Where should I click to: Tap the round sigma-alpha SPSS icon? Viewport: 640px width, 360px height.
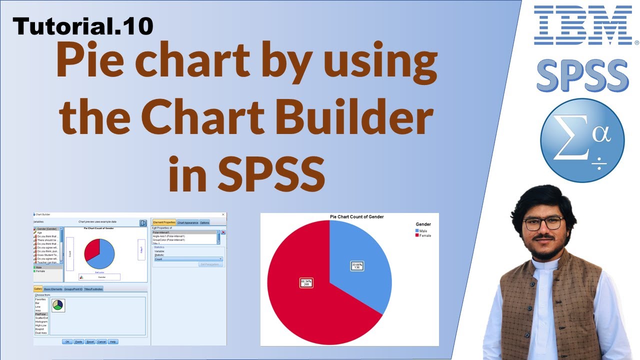(582, 140)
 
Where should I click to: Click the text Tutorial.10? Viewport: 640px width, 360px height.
(83, 25)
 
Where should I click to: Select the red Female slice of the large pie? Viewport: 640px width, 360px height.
(310, 300)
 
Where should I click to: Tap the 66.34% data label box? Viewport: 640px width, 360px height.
(306, 283)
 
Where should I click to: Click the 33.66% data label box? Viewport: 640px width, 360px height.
(357, 266)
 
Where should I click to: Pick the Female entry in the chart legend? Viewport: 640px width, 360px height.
(425, 235)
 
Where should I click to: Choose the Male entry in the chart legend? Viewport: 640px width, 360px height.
(423, 231)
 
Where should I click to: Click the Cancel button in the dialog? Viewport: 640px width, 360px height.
(101, 341)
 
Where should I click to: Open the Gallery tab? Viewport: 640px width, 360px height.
(38, 289)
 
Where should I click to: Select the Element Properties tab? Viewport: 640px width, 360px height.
(164, 222)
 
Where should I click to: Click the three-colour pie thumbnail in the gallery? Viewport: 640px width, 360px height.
(58, 305)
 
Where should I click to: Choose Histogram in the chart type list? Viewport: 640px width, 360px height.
(41, 321)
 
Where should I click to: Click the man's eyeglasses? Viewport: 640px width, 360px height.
(544, 223)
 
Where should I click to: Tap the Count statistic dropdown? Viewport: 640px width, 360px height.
(188, 259)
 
